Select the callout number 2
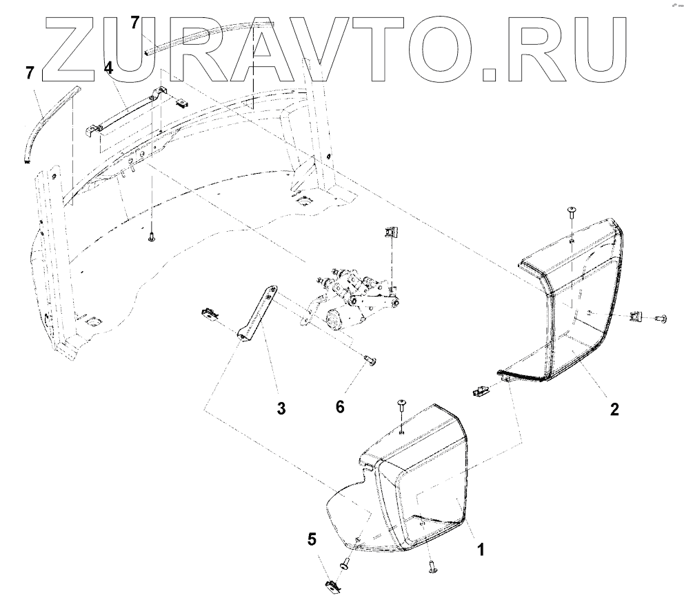613,408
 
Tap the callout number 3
281,408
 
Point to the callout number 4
108,68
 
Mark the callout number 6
339,408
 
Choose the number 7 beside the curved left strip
30,73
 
